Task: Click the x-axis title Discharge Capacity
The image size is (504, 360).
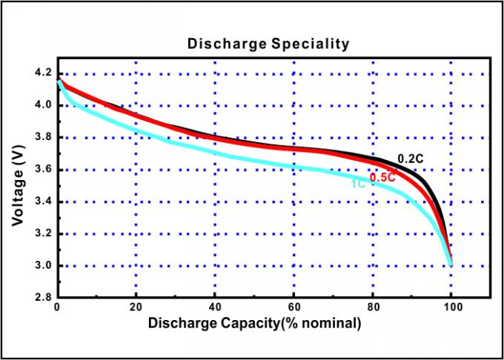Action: (x=254, y=323)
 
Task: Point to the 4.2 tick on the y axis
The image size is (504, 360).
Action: (x=42, y=73)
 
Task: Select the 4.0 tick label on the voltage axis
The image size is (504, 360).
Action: (x=42, y=105)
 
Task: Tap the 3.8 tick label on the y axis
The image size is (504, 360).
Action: (x=42, y=137)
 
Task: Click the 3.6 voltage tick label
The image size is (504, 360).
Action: (x=42, y=170)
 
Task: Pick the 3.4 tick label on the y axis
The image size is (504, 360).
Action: (x=42, y=201)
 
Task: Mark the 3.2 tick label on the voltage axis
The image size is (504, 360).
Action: (x=42, y=233)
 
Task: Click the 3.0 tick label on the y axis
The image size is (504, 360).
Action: (x=42, y=266)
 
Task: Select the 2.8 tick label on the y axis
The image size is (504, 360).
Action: (x=42, y=298)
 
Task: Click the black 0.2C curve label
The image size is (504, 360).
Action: (x=411, y=159)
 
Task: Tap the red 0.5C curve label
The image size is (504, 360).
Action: (x=382, y=177)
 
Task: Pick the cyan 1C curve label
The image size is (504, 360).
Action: (x=357, y=182)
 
